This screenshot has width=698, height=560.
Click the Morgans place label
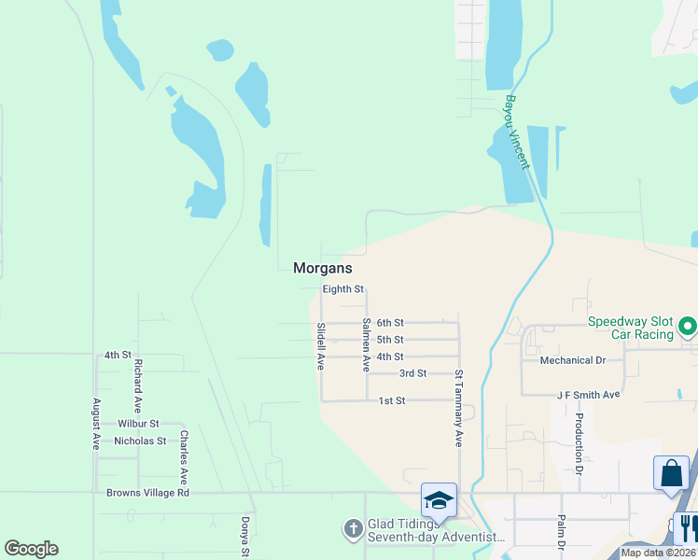pyautogui.click(x=322, y=268)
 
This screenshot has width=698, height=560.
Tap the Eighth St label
pyautogui.click(x=342, y=289)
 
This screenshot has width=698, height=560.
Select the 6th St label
pyautogui.click(x=390, y=323)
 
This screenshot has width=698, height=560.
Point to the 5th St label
pyautogui.click(x=390, y=340)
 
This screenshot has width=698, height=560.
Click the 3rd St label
pyautogui.click(x=412, y=373)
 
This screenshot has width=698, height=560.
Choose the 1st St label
pyautogui.click(x=392, y=401)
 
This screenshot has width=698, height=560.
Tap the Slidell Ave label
pyautogui.click(x=320, y=346)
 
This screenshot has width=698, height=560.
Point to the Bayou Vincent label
pyautogui.click(x=517, y=132)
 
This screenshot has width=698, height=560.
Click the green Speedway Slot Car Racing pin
pyautogui.click(x=688, y=327)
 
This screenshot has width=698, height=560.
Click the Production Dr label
pyautogui.click(x=579, y=440)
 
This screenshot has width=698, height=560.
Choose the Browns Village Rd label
pyautogui.click(x=148, y=493)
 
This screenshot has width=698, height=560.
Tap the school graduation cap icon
pyautogui.click(x=439, y=500)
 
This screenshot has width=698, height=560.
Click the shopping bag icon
pyautogui.click(x=671, y=473)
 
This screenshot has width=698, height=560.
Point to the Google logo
pyautogui.click(x=31, y=549)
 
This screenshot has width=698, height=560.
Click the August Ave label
pyautogui.click(x=95, y=424)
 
